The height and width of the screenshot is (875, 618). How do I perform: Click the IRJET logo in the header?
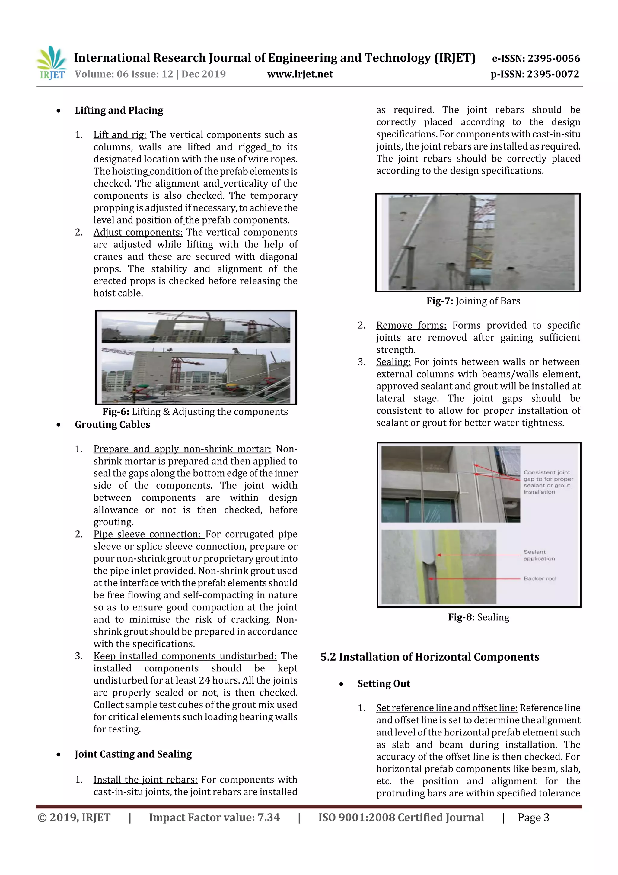point(51,63)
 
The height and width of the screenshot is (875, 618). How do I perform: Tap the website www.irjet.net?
point(300,74)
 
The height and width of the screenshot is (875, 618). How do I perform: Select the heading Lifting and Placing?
point(119,111)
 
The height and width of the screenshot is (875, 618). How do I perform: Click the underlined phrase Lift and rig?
point(119,135)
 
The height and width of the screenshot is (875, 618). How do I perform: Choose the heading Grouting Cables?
point(112,425)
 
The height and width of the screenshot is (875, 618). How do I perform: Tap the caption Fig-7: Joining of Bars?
point(473,301)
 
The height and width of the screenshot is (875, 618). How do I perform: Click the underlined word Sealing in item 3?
point(393,362)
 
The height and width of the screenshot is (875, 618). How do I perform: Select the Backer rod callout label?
point(539,578)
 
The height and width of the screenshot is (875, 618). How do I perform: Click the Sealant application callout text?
point(539,555)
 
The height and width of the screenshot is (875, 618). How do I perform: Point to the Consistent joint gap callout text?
point(548,482)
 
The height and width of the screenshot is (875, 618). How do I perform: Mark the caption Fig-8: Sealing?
point(478,617)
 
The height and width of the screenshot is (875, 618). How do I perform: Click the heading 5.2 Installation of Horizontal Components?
point(429,657)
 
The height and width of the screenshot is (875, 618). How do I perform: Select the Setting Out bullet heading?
point(384,684)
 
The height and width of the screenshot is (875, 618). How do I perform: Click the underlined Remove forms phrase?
point(411,326)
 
